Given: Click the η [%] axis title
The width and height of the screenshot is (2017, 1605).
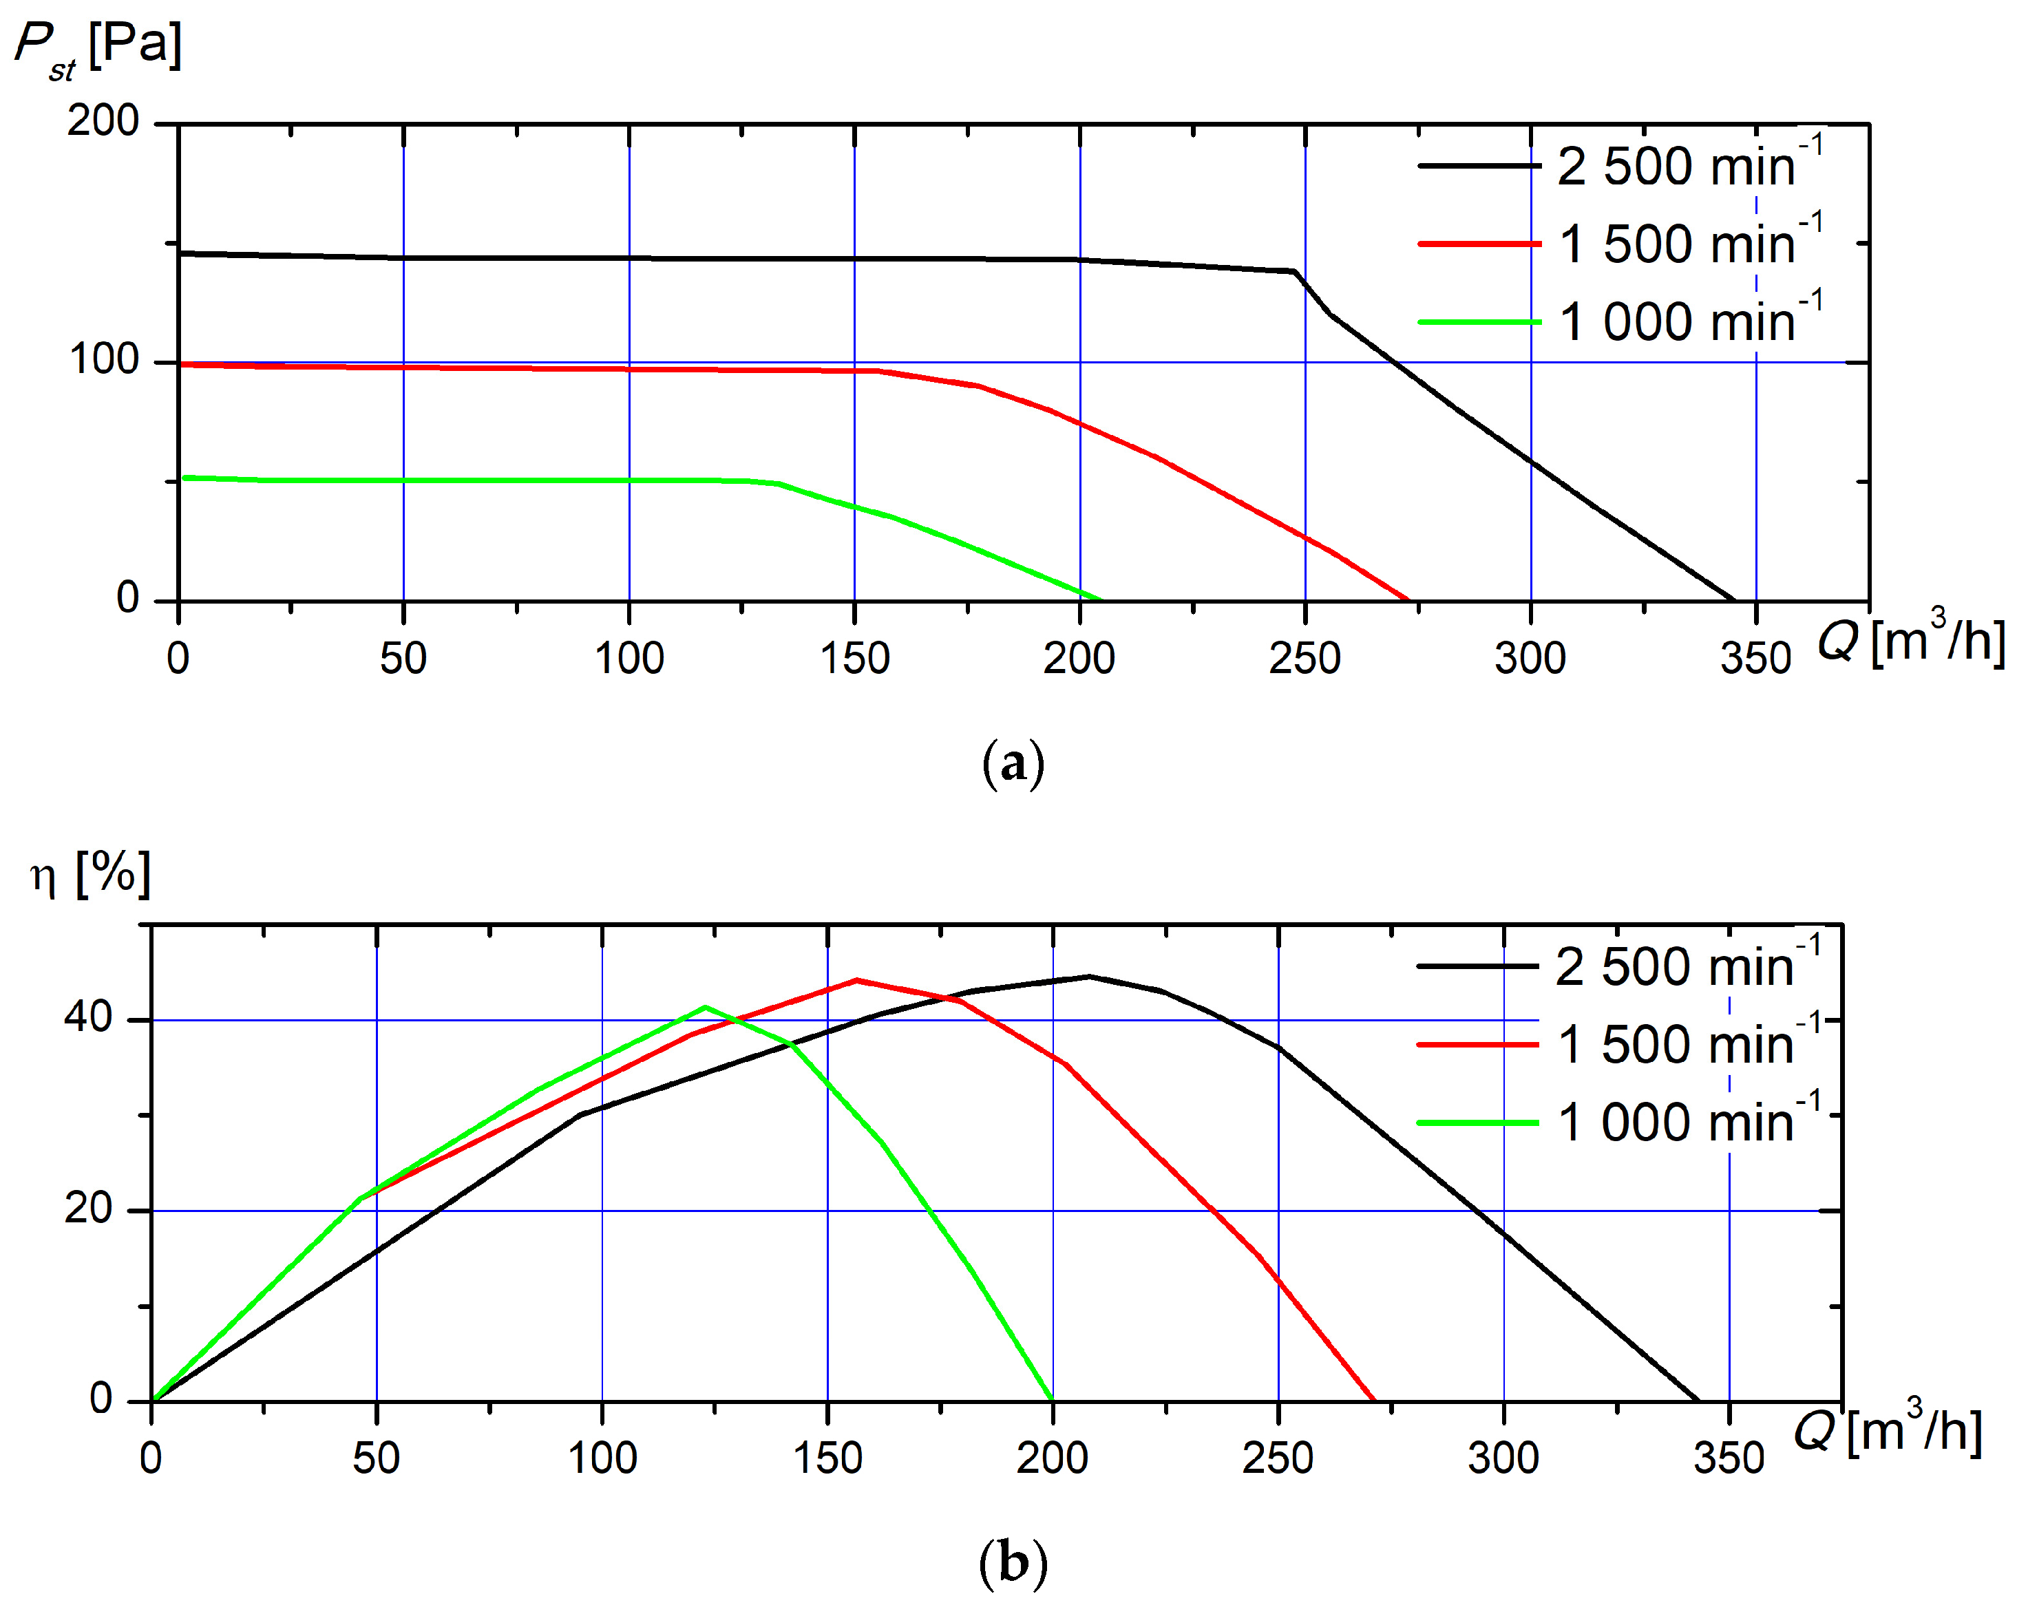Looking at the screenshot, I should [x=91, y=875].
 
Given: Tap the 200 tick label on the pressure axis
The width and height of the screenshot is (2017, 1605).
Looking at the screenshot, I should [x=103, y=122].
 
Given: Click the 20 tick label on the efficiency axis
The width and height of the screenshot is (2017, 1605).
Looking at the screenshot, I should [x=89, y=1209].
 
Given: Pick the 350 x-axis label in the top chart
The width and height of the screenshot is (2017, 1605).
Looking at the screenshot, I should [x=1755, y=659].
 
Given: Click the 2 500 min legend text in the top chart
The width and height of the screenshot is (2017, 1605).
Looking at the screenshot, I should [x=1689, y=166].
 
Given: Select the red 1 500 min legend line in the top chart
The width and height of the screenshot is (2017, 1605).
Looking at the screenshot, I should [x=1478, y=243].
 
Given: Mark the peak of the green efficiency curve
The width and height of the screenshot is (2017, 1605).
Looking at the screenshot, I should [x=706, y=1008].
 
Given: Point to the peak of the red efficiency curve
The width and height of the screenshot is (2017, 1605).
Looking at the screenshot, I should [x=856, y=980].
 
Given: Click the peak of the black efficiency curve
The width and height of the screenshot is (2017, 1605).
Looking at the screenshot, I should [x=1088, y=977].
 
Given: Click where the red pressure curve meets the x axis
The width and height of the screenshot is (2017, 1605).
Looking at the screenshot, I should [x=1409, y=600].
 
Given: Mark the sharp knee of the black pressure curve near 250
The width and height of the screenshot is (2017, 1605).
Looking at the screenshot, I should [x=1296, y=272].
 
